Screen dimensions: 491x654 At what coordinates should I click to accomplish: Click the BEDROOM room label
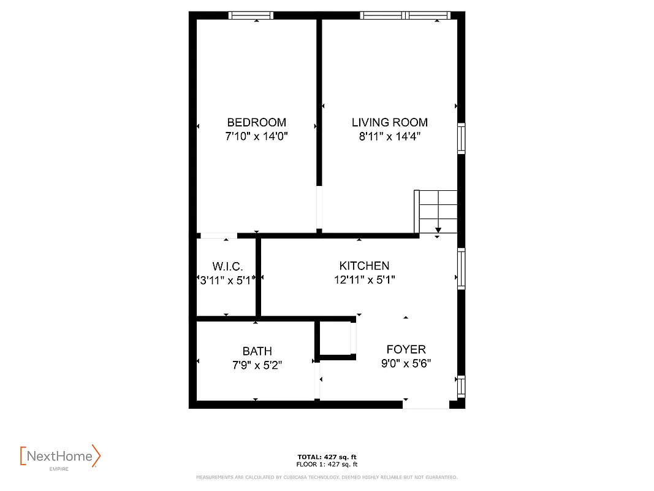256,122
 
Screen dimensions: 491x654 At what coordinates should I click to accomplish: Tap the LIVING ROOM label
389,122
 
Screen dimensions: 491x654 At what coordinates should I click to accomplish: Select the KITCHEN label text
364,266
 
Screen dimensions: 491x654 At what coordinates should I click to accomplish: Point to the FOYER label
406,349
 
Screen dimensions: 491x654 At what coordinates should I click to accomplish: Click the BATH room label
257,351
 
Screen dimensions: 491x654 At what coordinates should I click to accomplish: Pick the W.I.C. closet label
227,266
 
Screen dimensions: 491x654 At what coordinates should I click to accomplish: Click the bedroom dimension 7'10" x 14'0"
256,137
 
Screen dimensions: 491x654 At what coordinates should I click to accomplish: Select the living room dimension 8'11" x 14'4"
389,137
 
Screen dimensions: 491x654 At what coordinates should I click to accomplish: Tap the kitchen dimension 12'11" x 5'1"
364,280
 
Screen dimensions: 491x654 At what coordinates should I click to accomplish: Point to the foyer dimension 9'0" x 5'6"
406,363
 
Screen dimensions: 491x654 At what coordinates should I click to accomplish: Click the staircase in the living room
436,211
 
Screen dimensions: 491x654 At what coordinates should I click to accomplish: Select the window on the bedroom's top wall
251,15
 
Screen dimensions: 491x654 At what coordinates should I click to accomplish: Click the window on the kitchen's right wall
461,269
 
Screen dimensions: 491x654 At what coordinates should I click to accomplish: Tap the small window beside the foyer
461,386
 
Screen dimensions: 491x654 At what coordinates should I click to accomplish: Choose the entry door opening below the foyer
425,404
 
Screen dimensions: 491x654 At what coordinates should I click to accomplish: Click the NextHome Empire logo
60,457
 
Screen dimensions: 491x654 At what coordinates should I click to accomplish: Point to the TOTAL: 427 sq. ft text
327,457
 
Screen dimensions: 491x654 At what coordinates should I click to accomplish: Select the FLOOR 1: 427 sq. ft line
327,464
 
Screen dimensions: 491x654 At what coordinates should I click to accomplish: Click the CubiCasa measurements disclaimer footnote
327,477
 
